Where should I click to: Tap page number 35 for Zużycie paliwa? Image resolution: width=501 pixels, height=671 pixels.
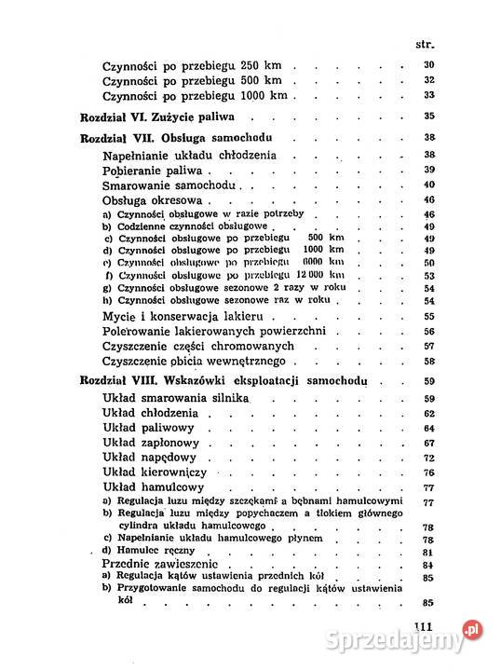point(429,116)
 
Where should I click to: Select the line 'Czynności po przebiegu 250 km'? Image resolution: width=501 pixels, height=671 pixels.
point(196,66)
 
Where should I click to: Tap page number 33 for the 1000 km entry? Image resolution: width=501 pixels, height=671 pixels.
point(429,95)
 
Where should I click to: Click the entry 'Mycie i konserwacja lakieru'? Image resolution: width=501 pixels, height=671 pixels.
point(182,317)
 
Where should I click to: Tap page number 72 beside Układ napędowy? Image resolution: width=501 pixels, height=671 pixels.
point(429,458)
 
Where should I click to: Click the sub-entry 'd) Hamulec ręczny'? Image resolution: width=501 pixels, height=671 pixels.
point(149,551)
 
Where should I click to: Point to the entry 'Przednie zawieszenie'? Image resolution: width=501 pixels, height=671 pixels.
point(167,565)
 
